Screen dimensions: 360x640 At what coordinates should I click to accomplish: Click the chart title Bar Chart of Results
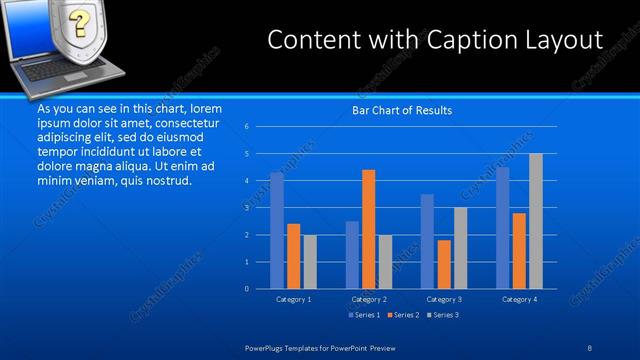pos(401,110)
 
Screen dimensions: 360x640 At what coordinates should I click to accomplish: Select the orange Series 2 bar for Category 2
pos(368,229)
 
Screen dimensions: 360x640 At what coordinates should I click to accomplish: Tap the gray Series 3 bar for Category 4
pos(536,221)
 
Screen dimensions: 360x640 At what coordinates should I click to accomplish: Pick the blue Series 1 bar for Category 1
pos(277,230)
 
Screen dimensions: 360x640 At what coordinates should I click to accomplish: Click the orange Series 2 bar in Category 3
pos(444,264)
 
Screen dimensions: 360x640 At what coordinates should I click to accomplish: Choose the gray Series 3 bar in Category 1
pos(310,262)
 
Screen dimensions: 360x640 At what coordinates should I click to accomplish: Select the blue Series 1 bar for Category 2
pos(352,255)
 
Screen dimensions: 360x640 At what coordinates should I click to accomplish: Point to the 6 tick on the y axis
pos(246,127)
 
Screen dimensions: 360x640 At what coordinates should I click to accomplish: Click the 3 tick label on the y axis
pos(246,208)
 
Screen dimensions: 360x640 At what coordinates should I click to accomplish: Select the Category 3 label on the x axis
pos(444,299)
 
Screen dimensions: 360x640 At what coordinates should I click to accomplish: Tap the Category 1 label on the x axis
pos(293,299)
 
